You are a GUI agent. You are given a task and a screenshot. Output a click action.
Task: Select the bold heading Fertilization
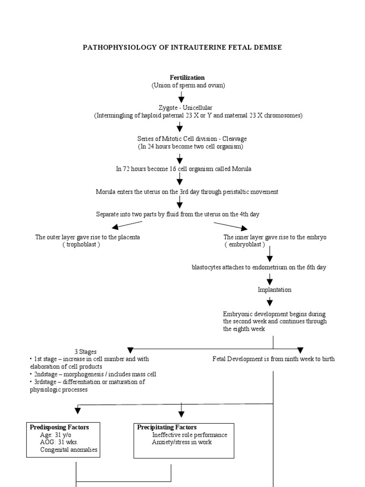tap(188, 78)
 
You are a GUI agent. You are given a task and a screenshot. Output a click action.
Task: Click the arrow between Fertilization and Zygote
tap(181, 97)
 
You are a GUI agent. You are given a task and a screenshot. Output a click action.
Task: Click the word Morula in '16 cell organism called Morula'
tap(241, 169)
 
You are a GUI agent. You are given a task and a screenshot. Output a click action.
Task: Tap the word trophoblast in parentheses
tap(81, 244)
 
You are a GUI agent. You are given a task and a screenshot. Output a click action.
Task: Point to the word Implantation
tap(275, 290)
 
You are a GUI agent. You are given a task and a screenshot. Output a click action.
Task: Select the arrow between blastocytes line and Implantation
tap(270, 279)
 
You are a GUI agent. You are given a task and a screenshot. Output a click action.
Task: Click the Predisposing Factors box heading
tap(59, 427)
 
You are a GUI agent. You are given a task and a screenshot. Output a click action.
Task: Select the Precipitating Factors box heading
tap(167, 427)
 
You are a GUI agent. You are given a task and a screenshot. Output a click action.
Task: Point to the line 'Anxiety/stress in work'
tap(182, 442)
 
